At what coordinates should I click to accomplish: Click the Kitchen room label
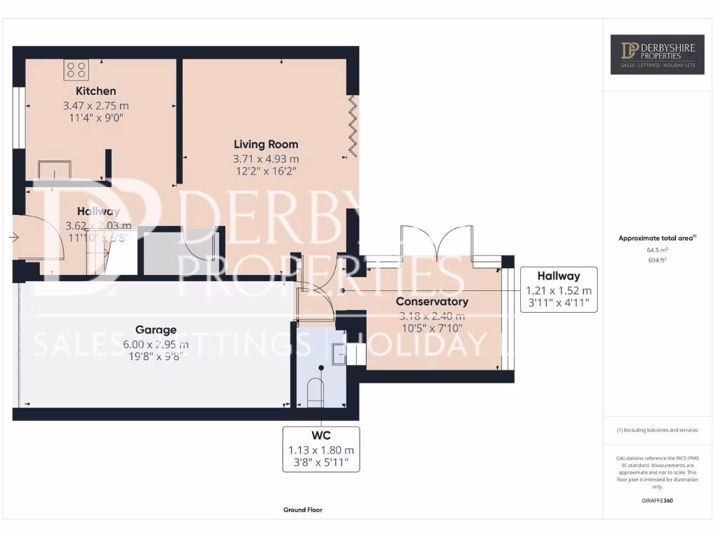[x=96, y=91]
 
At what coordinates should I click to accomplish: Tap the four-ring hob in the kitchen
[x=76, y=69]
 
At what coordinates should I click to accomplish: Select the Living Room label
[x=265, y=144]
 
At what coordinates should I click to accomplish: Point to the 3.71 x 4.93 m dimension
[x=265, y=159]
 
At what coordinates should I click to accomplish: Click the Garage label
[x=156, y=329]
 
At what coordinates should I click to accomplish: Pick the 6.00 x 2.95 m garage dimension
[x=156, y=344]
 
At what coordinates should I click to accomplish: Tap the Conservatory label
[x=432, y=301]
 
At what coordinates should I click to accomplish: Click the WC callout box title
[x=321, y=436]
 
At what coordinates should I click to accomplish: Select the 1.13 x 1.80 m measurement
[x=321, y=450]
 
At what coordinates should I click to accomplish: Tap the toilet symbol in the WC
[x=316, y=392]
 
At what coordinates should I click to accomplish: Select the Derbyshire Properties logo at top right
[x=657, y=54]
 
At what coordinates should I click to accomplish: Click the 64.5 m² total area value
[x=657, y=248]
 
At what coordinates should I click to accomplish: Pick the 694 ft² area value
[x=657, y=259]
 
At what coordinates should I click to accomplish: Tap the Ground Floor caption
[x=303, y=510]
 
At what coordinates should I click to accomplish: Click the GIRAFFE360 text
[x=657, y=500]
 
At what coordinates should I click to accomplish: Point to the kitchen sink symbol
[x=54, y=170]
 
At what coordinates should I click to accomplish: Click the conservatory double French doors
[x=437, y=246]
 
